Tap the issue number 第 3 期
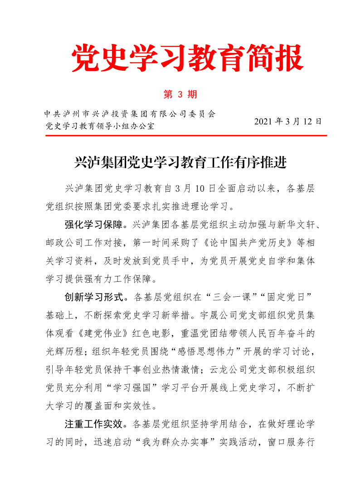coord(180,95)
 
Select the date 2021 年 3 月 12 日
coord(288,121)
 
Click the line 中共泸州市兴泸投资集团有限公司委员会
coord(130,113)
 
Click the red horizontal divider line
coord(186,135)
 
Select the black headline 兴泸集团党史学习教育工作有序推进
coord(180,162)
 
